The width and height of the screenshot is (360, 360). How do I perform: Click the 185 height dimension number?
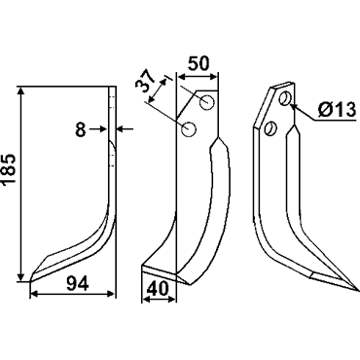pyautogui.click(x=10, y=169)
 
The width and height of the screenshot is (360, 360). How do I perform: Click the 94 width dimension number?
pyautogui.click(x=78, y=284)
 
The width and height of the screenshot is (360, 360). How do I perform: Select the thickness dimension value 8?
pyautogui.click(x=80, y=130)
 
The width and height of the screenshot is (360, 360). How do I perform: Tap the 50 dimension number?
pyautogui.click(x=198, y=63)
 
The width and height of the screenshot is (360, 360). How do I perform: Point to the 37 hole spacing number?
pyautogui.click(x=147, y=83)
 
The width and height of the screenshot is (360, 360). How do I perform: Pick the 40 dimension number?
pyautogui.click(x=158, y=288)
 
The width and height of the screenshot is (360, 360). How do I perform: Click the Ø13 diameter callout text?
pyautogui.click(x=337, y=110)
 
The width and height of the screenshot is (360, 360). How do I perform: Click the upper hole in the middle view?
pyautogui.click(x=207, y=102)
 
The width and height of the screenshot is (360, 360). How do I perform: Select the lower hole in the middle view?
pyautogui.click(x=189, y=129)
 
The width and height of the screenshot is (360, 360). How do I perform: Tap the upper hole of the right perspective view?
pyautogui.click(x=285, y=98)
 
